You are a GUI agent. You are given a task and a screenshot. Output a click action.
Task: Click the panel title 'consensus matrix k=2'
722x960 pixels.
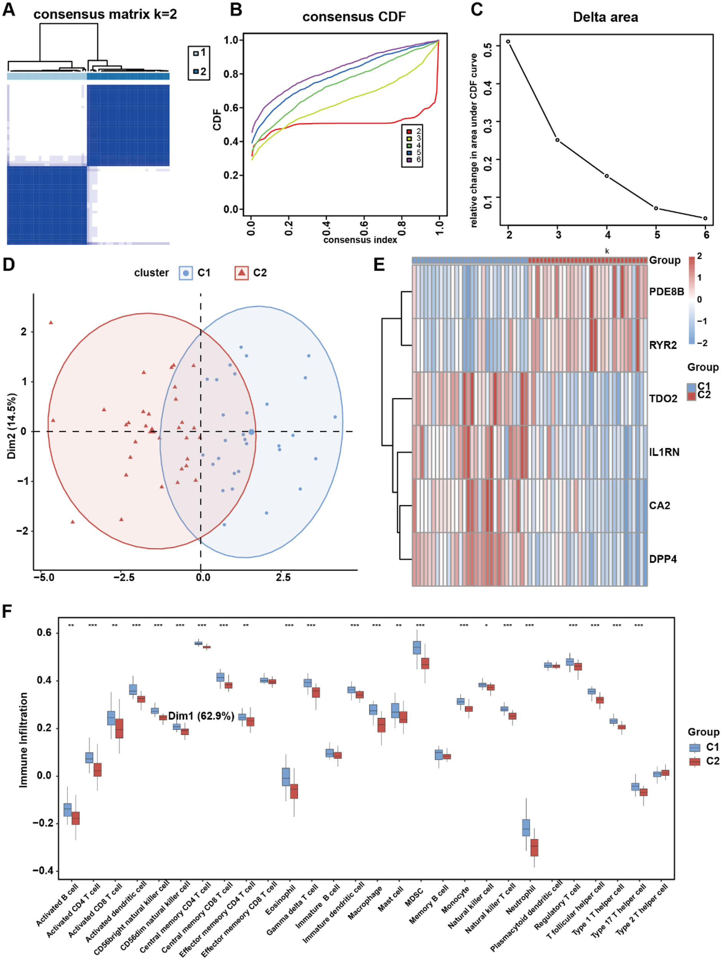[105, 14]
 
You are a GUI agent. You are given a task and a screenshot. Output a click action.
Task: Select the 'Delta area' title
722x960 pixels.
[605, 17]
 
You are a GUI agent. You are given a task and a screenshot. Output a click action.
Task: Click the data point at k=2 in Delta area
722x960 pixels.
[508, 41]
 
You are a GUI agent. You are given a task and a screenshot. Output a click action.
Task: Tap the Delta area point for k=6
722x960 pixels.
[706, 218]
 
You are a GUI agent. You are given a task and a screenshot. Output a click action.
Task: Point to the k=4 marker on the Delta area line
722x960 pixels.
[607, 176]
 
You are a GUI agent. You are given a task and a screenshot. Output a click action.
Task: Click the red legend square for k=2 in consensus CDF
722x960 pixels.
[409, 131]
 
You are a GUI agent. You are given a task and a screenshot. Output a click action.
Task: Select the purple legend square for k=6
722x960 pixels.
[409, 160]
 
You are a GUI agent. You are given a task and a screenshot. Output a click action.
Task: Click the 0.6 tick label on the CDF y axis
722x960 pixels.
[231, 108]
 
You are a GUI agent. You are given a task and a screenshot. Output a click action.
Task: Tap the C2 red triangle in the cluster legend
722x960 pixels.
[242, 273]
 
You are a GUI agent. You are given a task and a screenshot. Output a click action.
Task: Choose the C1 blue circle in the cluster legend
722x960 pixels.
[186, 273]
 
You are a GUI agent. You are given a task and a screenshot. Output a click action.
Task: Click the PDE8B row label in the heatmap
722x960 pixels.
[666, 291]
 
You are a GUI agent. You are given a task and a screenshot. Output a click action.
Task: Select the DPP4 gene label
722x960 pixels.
[663, 559]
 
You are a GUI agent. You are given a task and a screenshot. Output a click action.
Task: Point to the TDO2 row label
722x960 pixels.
[663, 399]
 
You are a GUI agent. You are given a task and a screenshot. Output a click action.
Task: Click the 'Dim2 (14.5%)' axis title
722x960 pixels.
[12, 426]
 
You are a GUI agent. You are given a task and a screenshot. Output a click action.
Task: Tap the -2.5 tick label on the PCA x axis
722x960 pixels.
[124, 578]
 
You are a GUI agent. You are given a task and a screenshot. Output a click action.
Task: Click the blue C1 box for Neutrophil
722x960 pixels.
[526, 827]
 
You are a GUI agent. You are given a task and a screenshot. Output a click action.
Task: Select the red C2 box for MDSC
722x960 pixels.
[425, 663]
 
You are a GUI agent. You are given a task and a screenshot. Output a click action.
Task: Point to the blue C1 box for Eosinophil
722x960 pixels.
[286, 776]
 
